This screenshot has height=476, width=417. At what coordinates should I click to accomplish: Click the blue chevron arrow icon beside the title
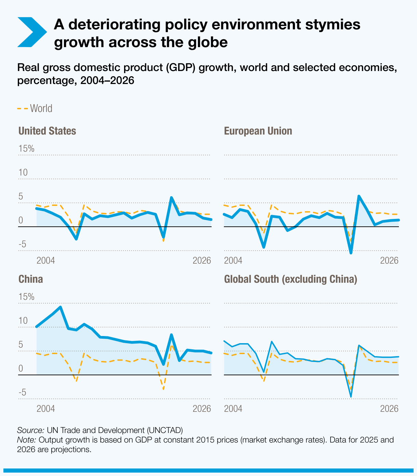click(31, 32)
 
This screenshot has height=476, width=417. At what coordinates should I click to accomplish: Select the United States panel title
click(47, 131)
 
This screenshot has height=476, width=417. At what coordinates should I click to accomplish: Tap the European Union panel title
click(258, 131)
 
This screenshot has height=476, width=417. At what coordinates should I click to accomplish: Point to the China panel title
click(30, 279)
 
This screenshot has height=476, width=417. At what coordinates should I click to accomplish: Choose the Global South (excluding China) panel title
click(291, 279)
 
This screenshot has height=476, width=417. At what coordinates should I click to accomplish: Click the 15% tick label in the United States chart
click(26, 149)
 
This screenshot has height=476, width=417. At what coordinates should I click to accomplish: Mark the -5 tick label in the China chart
click(22, 393)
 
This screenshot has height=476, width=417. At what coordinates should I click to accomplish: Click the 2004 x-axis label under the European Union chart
click(233, 261)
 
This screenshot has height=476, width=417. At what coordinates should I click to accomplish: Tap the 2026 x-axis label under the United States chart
click(202, 261)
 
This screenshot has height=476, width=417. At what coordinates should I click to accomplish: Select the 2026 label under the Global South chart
click(389, 409)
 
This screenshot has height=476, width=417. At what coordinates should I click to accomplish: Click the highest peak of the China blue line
click(60, 307)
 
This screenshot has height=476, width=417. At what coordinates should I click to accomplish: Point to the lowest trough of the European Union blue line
click(351, 253)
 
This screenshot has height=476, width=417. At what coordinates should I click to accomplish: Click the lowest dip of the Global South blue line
click(351, 397)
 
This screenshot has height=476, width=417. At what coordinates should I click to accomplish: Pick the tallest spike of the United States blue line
click(171, 197)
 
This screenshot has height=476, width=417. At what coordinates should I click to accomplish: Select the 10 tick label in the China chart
click(23, 321)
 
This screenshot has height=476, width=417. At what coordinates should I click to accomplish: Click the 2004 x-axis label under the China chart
click(46, 409)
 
